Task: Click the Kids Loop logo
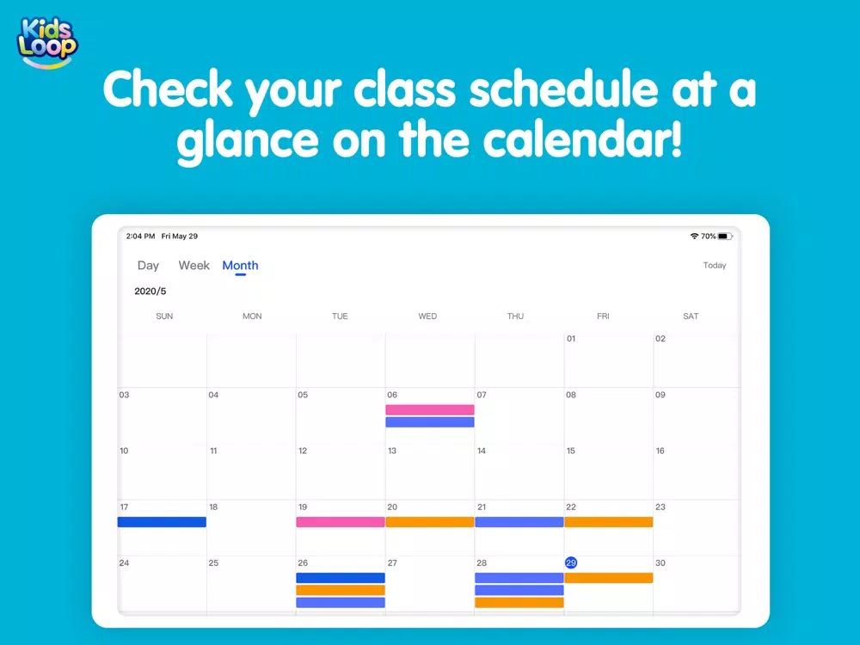tap(47, 43)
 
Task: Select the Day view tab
tap(148, 266)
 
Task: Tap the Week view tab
tap(194, 266)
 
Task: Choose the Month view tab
tap(240, 266)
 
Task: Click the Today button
tap(714, 266)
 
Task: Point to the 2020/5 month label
tap(150, 292)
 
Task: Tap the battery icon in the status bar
tap(725, 236)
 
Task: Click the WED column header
tap(427, 316)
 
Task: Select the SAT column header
tap(691, 316)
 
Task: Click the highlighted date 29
tap(571, 562)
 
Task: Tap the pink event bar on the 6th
tap(430, 409)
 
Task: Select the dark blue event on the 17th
tap(162, 522)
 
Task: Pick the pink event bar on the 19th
tap(340, 522)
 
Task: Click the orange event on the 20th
tap(430, 522)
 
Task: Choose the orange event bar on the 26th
tap(340, 590)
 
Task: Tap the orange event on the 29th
tap(609, 578)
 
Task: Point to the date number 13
tap(392, 451)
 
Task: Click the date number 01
tap(571, 338)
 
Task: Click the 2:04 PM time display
tap(140, 236)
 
